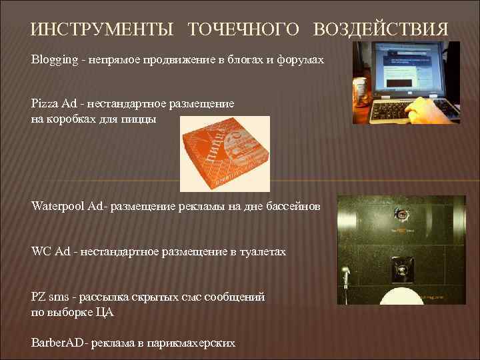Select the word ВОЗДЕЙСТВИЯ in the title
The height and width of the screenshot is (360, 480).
point(381,30)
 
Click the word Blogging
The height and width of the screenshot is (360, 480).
point(53,60)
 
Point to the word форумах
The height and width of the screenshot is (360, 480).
point(300,60)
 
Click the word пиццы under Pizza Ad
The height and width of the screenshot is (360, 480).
point(138,119)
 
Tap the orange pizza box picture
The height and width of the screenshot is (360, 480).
point(225,153)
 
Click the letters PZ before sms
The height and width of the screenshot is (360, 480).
point(39,297)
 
